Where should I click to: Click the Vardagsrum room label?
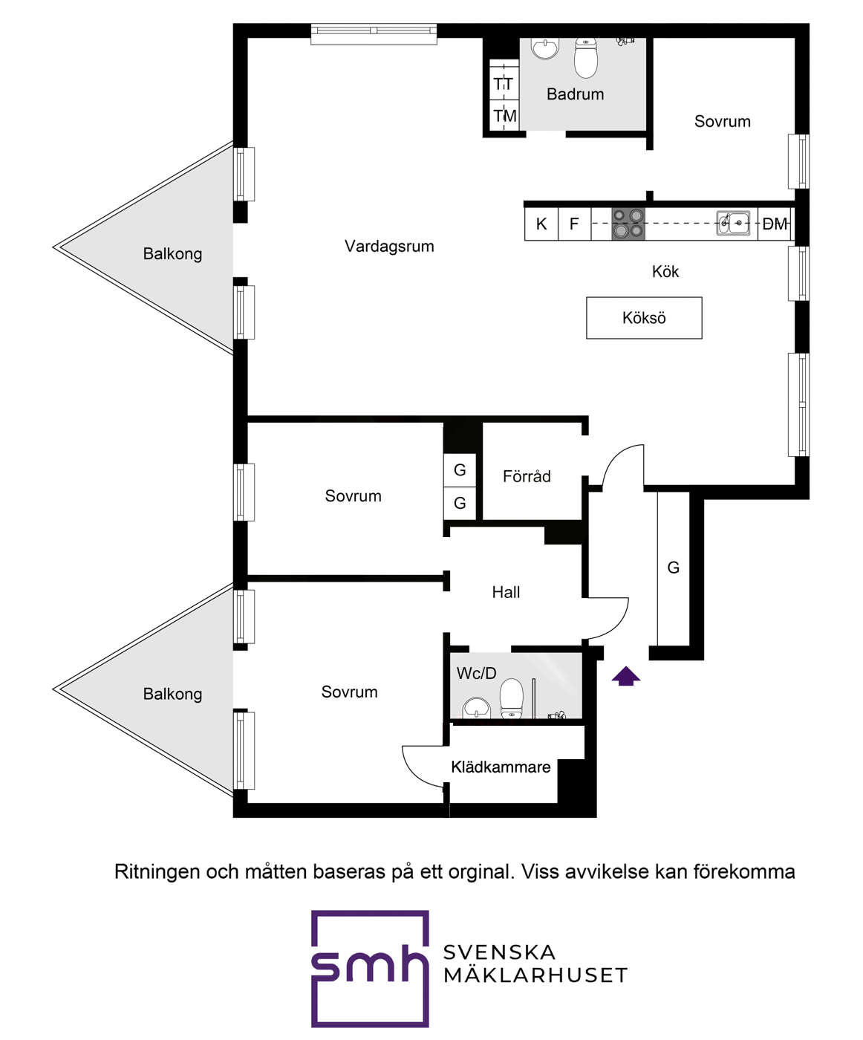389,246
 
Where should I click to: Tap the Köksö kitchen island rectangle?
644,318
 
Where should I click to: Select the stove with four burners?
628,224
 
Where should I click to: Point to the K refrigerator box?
541,224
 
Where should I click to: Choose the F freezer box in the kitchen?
574,224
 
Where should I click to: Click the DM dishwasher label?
775,224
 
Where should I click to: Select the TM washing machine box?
504,116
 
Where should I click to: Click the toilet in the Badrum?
586,58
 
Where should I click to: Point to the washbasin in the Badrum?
545,48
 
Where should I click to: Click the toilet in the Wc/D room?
512,699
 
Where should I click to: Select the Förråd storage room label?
527,477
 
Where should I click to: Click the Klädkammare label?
501,767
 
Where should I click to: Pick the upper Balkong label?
172,254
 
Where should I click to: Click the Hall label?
506,592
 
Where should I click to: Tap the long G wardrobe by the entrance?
674,569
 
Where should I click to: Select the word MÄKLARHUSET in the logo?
535,976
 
